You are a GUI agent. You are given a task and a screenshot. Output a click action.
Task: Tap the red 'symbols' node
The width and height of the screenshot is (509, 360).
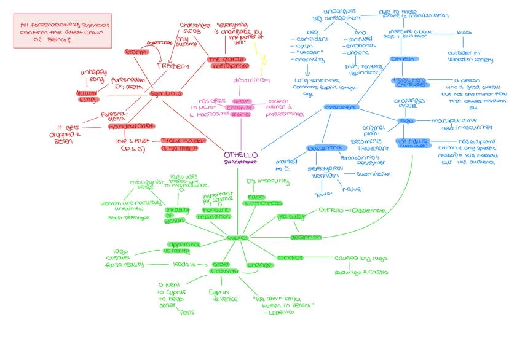point(165,93)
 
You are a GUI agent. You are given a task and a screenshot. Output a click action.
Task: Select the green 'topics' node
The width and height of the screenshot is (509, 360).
point(237,237)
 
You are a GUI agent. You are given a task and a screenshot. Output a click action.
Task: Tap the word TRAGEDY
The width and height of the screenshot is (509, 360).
point(172,66)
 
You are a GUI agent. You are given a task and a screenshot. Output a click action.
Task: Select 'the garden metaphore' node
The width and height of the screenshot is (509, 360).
point(227,63)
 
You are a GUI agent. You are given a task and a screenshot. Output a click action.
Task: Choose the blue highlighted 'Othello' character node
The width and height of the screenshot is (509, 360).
point(404,60)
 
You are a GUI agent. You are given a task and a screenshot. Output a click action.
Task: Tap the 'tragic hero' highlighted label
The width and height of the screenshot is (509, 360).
point(408,82)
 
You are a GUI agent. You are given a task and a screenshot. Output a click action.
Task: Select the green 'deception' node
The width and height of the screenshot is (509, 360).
point(306,237)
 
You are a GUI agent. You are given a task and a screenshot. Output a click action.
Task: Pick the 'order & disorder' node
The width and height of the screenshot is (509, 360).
point(220,268)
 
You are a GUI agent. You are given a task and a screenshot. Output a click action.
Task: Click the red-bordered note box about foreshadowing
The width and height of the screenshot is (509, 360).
point(54,33)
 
